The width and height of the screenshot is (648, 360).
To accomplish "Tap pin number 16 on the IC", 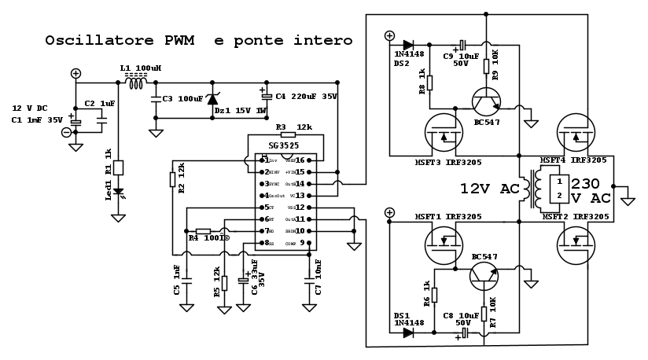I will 300,160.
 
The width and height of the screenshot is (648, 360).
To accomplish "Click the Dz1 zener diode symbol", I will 212,99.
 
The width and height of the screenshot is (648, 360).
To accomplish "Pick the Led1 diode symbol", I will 118,191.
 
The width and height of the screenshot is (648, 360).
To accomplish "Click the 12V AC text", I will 488,189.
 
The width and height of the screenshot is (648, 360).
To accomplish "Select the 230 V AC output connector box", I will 558,188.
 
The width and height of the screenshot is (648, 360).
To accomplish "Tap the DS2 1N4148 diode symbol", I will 407,46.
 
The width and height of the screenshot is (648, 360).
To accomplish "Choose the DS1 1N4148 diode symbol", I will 407,332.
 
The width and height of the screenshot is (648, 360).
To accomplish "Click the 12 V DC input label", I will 31,108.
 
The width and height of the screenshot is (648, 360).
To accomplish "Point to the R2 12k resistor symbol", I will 172,180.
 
